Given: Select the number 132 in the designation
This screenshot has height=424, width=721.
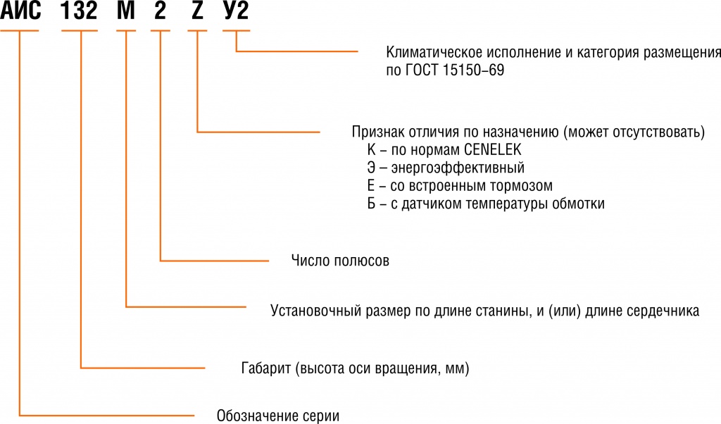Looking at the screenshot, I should tap(80, 13).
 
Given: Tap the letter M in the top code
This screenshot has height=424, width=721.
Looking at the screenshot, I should tap(125, 13).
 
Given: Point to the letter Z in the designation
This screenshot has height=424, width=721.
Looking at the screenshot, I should tap(196, 13).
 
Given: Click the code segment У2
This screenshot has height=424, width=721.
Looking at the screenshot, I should tap(235, 13).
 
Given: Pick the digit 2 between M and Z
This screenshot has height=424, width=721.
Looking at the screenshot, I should tap(161, 13).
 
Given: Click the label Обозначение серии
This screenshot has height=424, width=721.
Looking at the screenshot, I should tap(278, 414).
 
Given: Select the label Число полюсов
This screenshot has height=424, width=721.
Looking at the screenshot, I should tap(339, 261).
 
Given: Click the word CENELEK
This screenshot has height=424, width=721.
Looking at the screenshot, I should tap(490, 150).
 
